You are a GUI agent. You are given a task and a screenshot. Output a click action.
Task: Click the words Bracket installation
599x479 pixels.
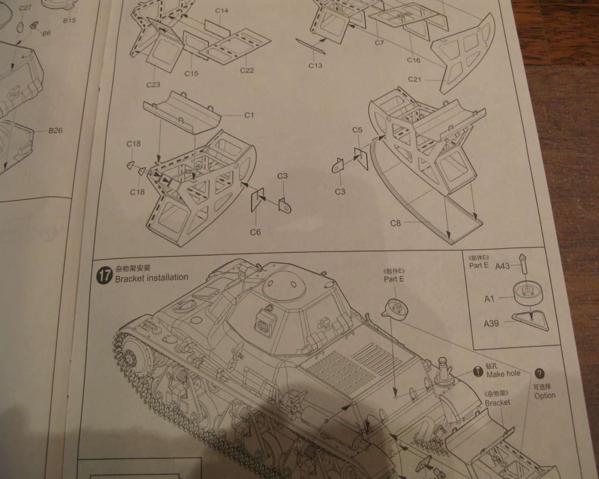[151, 277]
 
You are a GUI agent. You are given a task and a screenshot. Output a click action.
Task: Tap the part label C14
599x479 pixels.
[221, 10]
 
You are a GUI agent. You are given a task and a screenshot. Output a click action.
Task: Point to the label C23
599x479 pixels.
[153, 85]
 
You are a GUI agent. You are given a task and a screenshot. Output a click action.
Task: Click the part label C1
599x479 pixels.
[248, 115]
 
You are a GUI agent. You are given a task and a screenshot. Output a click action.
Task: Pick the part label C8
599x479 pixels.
[395, 223]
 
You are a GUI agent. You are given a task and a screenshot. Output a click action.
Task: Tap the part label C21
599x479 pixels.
[415, 79]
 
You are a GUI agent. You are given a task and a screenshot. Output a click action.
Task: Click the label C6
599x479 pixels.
[255, 232]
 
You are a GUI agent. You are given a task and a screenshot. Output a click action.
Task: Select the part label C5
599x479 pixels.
[357, 130]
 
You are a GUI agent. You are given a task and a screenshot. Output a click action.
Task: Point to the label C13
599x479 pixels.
[315, 65]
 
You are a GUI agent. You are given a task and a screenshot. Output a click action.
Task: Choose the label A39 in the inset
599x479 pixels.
[491, 323]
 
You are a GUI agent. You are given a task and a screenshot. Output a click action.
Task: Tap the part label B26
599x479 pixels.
[55, 131]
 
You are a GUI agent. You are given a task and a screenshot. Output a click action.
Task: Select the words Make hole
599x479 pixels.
[503, 374]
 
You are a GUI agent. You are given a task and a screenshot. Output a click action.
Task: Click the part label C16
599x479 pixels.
[413, 60]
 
